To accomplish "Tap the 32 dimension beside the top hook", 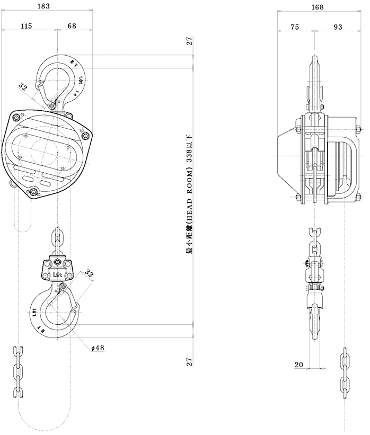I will tap(23, 86).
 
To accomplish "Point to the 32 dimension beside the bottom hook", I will tap(89, 274).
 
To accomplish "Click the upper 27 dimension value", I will tap(190, 42).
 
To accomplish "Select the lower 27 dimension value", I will tap(190, 362).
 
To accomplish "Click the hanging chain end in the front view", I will tap(18, 371).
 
